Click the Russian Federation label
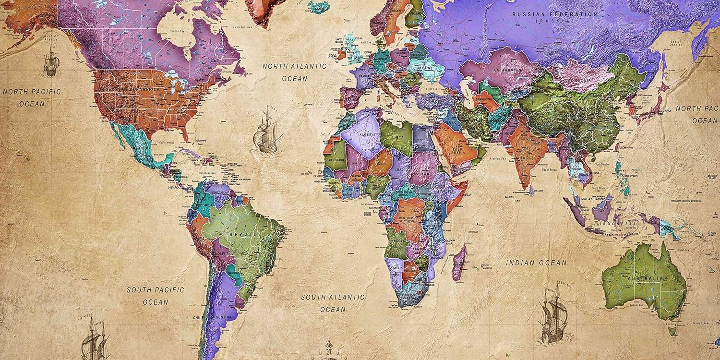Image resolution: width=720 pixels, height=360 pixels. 555,15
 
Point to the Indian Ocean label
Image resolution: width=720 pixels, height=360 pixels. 536,263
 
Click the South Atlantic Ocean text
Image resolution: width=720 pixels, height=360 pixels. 333,303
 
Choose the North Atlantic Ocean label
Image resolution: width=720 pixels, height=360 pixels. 294,72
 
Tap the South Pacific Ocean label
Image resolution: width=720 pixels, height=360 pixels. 155,296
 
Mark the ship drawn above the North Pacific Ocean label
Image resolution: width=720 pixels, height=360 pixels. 51,62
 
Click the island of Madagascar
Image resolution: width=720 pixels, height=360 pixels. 459,263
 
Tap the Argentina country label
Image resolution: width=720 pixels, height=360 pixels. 221,317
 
